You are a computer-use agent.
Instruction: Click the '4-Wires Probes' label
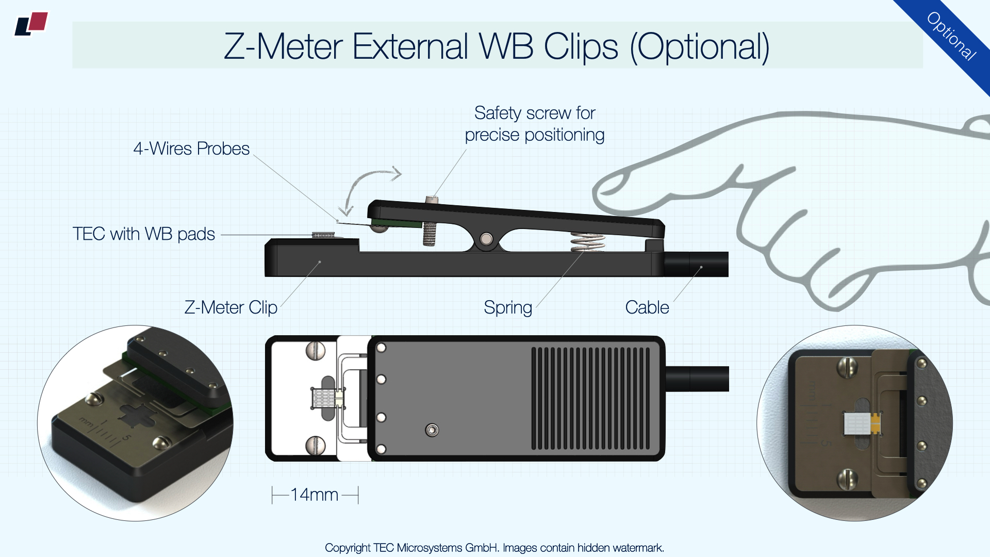191,149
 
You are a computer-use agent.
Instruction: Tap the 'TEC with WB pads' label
143,234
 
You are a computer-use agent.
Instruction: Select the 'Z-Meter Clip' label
230,307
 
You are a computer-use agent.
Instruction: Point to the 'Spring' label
507,307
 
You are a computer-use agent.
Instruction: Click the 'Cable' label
647,307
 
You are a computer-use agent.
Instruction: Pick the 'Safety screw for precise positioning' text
535,124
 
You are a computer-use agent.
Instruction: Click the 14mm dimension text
314,495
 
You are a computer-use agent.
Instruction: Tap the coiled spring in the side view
587,241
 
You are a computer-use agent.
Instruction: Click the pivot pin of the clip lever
486,239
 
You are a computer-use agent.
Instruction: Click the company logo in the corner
31,24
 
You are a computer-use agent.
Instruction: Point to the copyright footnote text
494,548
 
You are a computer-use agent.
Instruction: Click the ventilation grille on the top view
590,398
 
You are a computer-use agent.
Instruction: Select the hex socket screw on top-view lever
432,430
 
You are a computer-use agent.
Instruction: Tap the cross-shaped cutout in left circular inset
136,415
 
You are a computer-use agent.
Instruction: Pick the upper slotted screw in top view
316,351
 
